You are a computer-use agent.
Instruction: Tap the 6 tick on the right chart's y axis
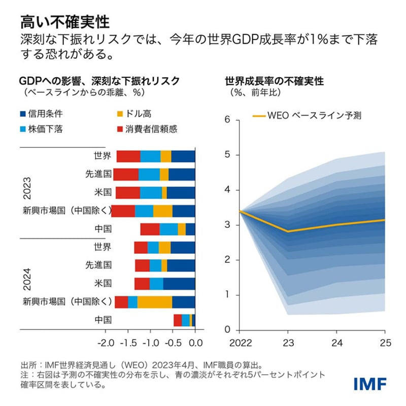click(x=228, y=120)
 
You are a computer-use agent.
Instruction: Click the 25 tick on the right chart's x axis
click(x=385, y=343)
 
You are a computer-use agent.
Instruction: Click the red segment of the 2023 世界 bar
click(x=128, y=156)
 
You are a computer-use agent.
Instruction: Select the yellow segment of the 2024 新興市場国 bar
click(x=155, y=302)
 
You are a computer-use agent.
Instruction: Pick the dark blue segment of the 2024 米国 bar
click(x=179, y=283)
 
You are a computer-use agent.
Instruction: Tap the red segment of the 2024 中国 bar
click(x=178, y=320)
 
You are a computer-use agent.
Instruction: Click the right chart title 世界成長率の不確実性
click(x=274, y=81)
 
